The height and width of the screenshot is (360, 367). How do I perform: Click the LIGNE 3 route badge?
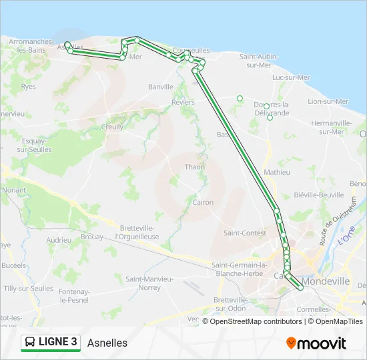pos(50,342)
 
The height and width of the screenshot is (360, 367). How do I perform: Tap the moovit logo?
pos(316,343)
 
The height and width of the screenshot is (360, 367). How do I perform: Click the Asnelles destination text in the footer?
pos(107,343)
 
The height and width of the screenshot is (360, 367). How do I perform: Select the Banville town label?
pos(161,87)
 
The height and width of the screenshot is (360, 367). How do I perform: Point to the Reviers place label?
pos(183,102)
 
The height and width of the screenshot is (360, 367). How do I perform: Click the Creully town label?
pos(112,127)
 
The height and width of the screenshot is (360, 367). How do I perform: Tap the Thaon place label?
pos(195,167)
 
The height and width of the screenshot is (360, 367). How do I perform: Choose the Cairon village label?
pos(202,202)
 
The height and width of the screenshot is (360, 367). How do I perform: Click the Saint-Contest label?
pos(244,233)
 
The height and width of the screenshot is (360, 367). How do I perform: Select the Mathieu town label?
pos(277,172)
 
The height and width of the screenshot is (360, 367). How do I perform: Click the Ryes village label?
pos(29,87)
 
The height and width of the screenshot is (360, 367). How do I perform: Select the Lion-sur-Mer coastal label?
pos(328,101)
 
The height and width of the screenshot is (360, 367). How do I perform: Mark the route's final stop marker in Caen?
pos(301,287)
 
